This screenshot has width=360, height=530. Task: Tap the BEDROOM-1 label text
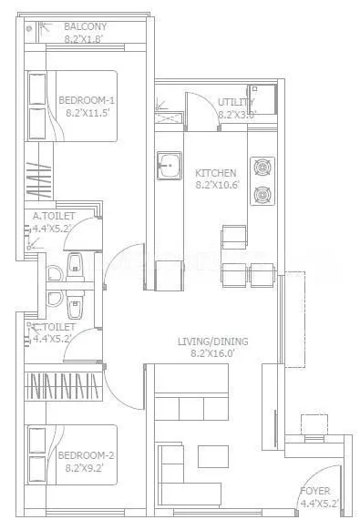point(85,100)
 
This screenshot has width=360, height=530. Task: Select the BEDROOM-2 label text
point(85,455)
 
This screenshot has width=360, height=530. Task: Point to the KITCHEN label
point(216,172)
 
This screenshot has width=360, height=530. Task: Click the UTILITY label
point(235,102)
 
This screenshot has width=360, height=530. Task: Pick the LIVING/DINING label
point(214,341)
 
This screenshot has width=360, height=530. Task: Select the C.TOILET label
point(56,326)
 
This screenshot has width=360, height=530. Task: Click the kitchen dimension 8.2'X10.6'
point(216,185)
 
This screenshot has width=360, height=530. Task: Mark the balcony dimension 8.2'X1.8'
point(83,39)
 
